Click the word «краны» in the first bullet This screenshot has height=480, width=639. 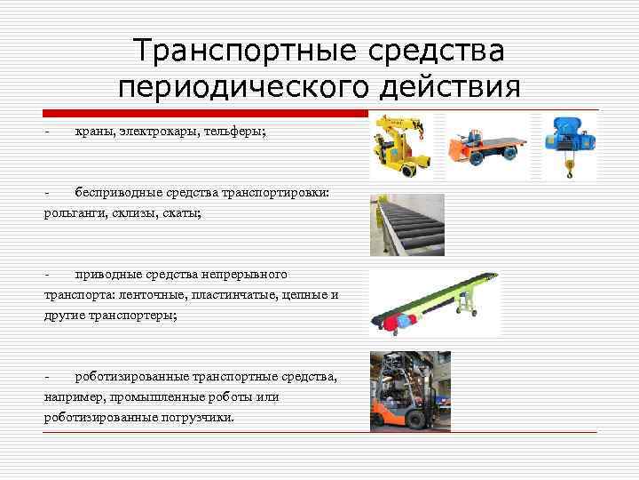coord(92,132)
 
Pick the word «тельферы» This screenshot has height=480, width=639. coord(234,132)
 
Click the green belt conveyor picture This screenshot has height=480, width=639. coord(435,302)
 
